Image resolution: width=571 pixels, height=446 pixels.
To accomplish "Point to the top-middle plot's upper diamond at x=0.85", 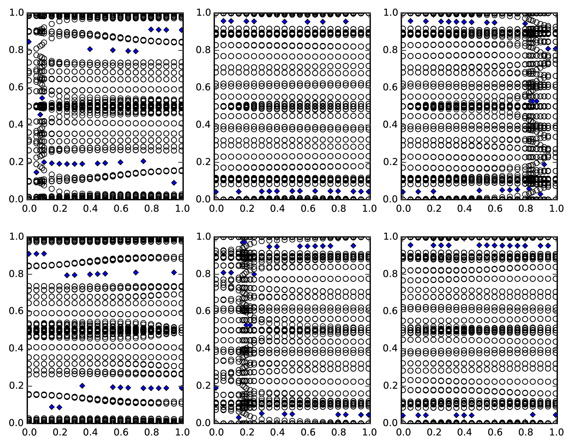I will (x=346, y=21).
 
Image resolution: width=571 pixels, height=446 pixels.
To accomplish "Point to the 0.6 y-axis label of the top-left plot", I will (x=17, y=87).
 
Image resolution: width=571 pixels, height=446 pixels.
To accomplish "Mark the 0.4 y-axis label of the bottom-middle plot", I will (x=203, y=349).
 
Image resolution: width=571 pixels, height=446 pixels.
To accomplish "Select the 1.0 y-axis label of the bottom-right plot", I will (x=391, y=237).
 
